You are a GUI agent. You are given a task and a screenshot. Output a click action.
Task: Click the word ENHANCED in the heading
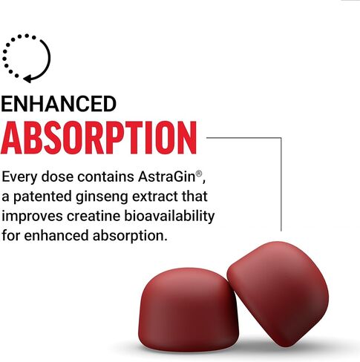click(x=59, y=104)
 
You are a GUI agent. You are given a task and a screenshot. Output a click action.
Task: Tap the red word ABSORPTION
click(x=99, y=138)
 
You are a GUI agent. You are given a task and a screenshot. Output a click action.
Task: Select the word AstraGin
click(x=167, y=177)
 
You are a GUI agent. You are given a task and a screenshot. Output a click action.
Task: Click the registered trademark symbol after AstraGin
click(x=199, y=174)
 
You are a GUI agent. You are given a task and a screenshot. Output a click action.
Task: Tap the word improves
click(x=32, y=217)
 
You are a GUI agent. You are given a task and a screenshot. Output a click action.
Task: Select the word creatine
click(x=94, y=216)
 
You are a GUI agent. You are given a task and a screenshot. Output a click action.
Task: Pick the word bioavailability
click(x=169, y=217)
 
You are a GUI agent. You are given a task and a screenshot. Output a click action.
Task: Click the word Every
click(x=19, y=178)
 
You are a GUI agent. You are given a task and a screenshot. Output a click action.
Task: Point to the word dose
click(x=57, y=177)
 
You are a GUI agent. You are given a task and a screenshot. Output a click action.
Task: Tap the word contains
click(x=106, y=177)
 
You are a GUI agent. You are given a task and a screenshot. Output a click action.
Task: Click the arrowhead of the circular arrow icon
click(x=27, y=79)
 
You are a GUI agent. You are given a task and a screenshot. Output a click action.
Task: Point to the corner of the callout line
click(x=281, y=138)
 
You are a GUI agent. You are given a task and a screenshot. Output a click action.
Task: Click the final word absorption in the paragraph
click(x=128, y=236)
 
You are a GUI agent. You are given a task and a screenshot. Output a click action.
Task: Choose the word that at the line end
click(x=194, y=197)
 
